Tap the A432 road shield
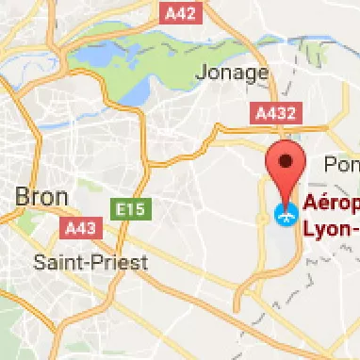click(277, 114)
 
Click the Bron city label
click(41, 197)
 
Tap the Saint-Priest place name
click(90, 262)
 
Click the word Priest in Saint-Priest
click(122, 262)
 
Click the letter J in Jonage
click(200, 73)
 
